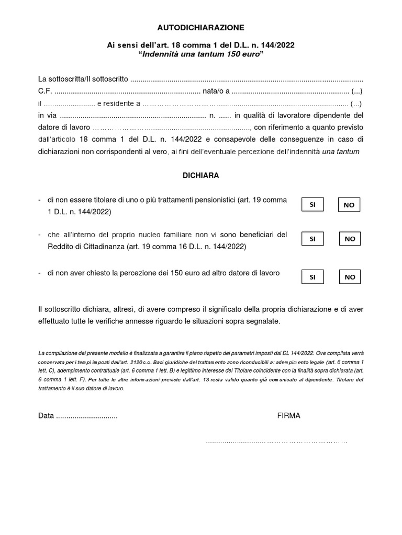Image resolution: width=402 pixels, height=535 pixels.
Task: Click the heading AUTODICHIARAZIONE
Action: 201,27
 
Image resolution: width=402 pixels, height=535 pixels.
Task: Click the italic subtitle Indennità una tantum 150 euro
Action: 201,55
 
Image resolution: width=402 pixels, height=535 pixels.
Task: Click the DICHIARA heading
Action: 201,176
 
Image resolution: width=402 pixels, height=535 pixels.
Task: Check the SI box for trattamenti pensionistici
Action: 312,205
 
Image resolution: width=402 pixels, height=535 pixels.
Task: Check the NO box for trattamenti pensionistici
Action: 349,205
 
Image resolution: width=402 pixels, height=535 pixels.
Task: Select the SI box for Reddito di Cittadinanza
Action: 312,239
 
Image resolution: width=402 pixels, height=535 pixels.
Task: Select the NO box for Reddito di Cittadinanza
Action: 350,239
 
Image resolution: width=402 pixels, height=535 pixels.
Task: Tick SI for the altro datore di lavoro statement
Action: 312,277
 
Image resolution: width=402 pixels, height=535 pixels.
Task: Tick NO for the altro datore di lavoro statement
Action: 349,277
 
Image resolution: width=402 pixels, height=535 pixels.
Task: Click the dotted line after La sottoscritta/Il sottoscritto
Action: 246,79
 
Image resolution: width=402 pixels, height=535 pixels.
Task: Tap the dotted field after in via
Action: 133,115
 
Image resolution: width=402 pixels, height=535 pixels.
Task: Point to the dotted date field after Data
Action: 87,416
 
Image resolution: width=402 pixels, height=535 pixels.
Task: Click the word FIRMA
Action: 289,416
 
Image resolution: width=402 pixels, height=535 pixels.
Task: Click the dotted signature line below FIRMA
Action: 276,441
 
